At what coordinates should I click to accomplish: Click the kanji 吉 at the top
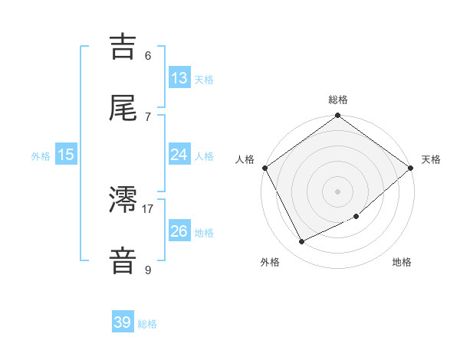point(123,47)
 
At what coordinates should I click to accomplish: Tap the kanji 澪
point(123,201)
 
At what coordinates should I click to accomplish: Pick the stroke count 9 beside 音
point(148,270)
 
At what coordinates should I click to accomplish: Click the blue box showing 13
point(179,77)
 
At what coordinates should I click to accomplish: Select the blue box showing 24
point(179,155)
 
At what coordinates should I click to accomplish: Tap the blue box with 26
point(179,231)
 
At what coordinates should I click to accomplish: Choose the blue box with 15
point(66,155)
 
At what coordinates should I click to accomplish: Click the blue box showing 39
point(123,322)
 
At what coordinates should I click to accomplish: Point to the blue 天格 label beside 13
point(204,79)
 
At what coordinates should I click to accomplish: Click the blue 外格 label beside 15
point(41,156)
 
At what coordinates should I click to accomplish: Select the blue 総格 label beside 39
point(147,324)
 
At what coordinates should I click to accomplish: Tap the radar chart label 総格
point(338,100)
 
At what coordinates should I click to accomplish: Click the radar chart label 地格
point(402,262)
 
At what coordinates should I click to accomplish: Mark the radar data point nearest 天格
point(411,169)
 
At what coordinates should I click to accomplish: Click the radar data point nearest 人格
point(264,169)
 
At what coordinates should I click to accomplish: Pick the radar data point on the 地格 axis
point(356,216)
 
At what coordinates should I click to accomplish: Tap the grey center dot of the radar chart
point(338,191)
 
